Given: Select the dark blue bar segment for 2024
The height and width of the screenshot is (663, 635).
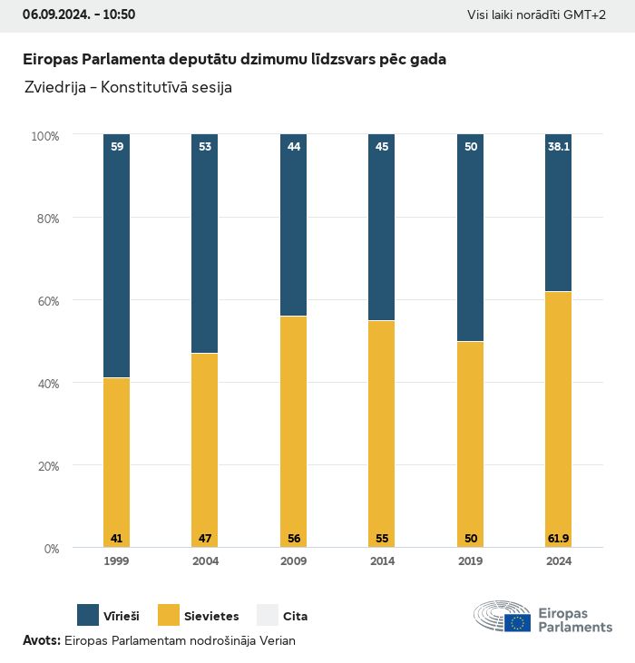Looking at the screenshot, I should coord(558,213).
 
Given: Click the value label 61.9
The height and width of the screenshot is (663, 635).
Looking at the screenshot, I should coord(558,539).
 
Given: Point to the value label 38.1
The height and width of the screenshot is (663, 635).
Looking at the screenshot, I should coord(558,145).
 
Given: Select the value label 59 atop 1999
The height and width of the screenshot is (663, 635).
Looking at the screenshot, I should coord(116,145).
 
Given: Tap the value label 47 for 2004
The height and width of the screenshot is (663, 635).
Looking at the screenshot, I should coord(205,539).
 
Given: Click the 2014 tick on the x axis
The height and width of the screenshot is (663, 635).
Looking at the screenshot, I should coord(382,561).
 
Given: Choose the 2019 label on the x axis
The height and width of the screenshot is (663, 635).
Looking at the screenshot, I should coord(470,561).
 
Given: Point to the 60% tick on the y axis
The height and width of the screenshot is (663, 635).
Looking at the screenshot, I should coord(45,300).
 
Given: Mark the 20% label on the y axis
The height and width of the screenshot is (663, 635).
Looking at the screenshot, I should coord(45,465).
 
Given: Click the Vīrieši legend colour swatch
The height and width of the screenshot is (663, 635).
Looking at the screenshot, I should coord(88,615).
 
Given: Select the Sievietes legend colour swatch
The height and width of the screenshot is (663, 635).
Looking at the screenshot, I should coord(168,615).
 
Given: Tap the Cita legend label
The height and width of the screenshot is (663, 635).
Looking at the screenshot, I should coord(295,616).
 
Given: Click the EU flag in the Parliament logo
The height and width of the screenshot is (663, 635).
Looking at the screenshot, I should coord(518,623).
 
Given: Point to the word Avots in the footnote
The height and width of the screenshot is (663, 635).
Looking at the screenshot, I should coord(41,640).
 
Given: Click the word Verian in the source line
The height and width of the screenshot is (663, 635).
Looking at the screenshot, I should coord(278,640).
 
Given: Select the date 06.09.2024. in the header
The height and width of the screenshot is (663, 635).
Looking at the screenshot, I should coord(54,15).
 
